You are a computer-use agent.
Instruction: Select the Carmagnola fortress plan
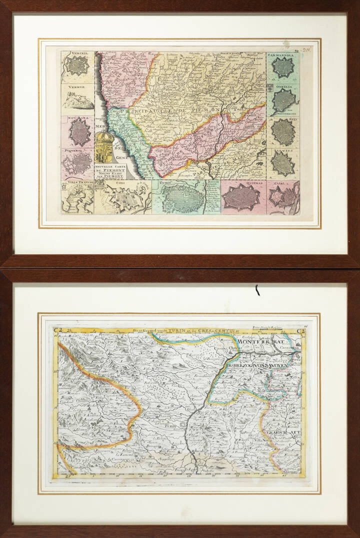(282, 67)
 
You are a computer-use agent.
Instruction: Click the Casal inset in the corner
(283, 198)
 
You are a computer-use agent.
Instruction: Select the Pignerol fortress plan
(77, 162)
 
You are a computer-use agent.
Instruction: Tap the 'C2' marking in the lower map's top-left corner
(58, 330)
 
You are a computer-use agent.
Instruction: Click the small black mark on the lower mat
(257, 290)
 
